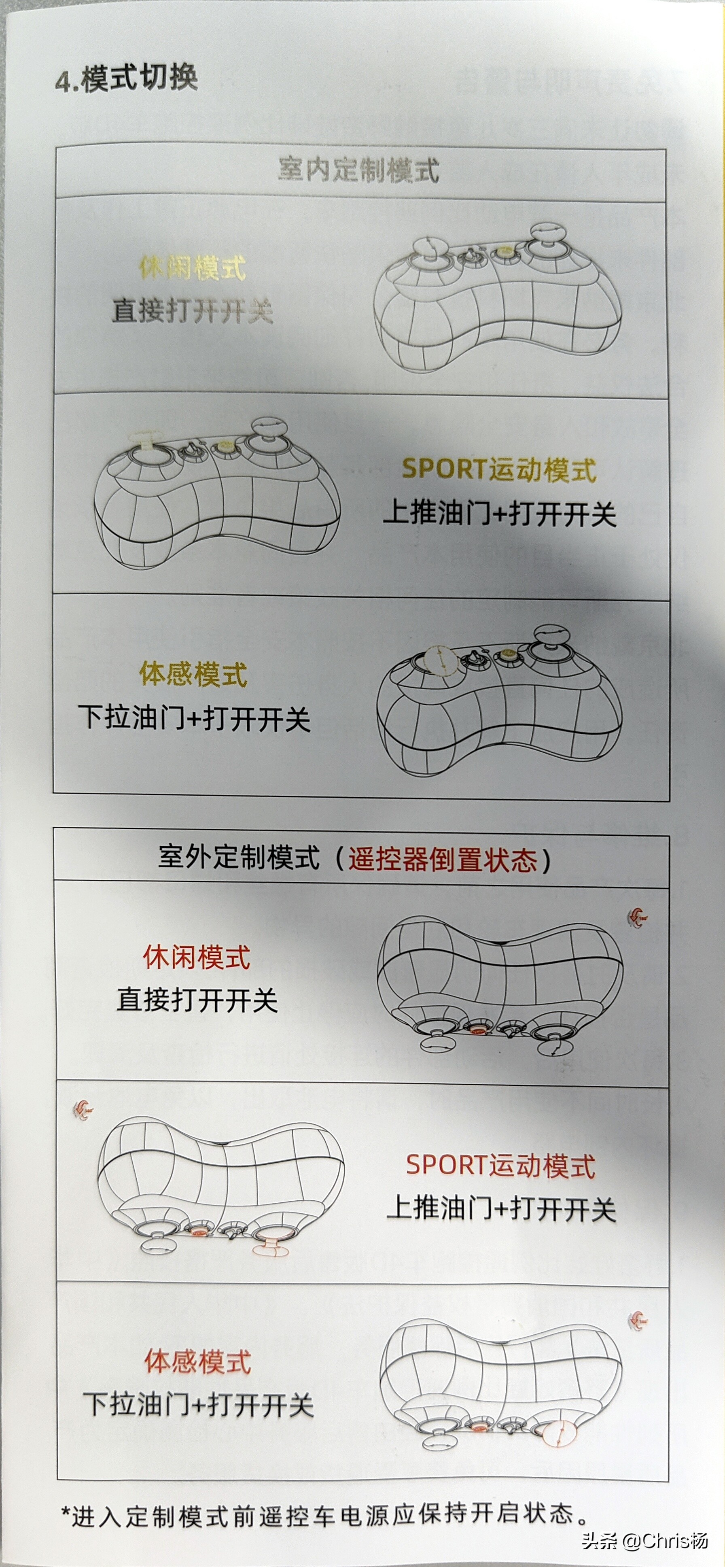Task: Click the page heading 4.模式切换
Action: coord(127,79)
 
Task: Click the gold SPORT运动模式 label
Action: coord(499,469)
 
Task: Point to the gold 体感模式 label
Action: coord(193,674)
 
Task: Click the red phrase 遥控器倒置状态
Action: coord(443,860)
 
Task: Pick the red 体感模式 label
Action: coord(198,1361)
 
